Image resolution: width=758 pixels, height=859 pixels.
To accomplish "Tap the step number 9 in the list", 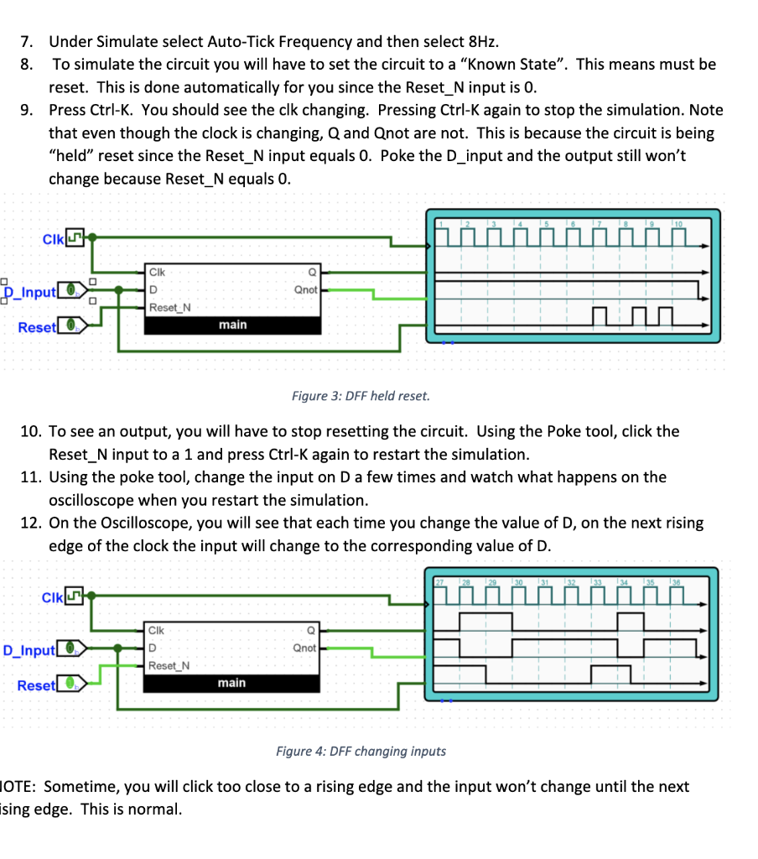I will pos(26,110).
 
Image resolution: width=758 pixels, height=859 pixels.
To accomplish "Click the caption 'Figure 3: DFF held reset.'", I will pos(361,395).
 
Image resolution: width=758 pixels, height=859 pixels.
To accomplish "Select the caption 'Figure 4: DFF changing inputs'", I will pos(361,751).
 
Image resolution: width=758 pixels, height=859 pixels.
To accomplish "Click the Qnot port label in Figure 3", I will pos(305,289).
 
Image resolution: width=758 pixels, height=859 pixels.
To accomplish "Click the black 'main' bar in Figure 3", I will pos(232,325).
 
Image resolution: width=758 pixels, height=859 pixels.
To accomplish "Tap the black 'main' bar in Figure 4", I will pos(232,683).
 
